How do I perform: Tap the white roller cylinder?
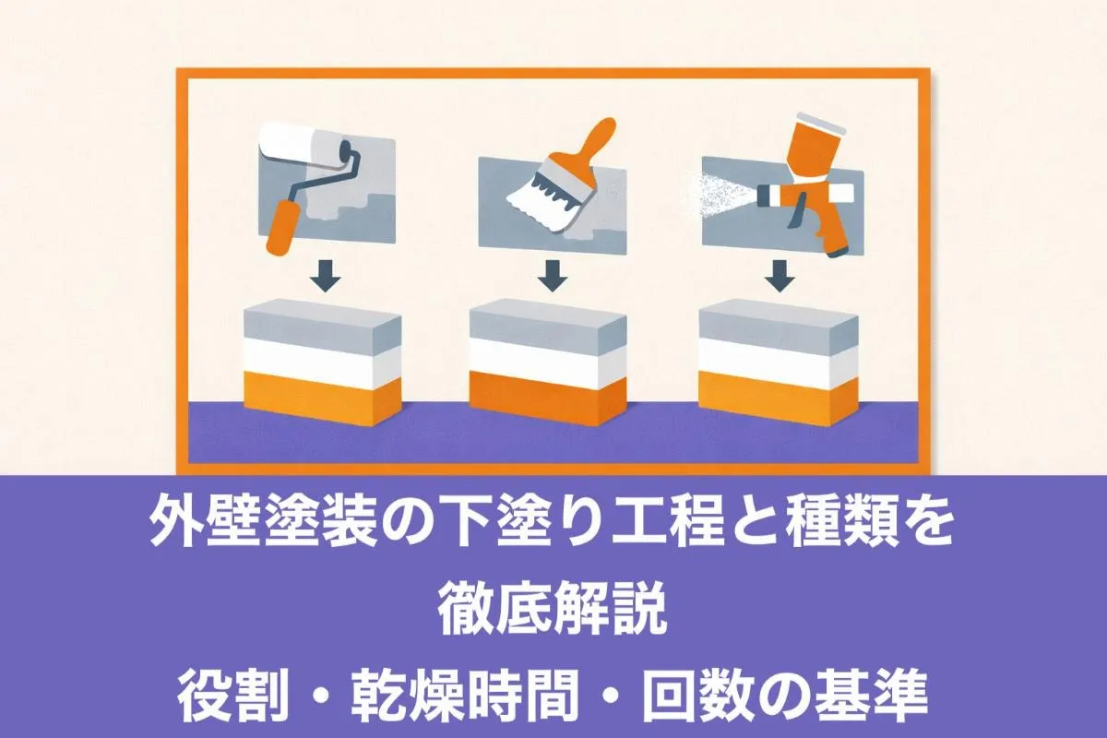point(303,142)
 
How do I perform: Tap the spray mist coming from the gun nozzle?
point(720,196)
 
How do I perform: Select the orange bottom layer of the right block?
point(778,399)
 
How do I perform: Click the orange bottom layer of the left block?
point(322,400)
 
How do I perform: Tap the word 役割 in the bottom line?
point(234,695)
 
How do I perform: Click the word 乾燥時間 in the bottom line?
point(465,695)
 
